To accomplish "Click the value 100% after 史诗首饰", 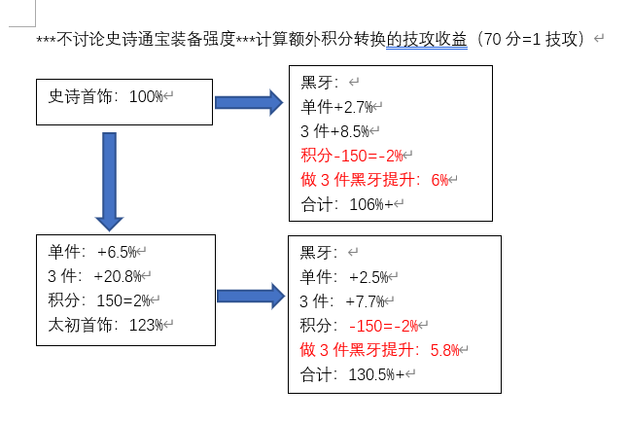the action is [x=146, y=96].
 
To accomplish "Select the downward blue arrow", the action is [x=110, y=182].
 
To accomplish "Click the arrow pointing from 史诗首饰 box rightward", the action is [x=249, y=103].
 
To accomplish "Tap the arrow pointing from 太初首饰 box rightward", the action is [x=251, y=297].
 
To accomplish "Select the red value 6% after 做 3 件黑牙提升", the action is [x=439, y=180].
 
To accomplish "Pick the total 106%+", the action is [x=371, y=205].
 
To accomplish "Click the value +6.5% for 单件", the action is [x=117, y=252].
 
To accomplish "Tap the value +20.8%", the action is [x=118, y=277].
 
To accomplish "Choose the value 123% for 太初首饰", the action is [x=146, y=325].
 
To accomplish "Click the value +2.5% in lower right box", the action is [x=368, y=277].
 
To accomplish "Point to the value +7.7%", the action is [x=365, y=301].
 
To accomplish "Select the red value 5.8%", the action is [x=444, y=350].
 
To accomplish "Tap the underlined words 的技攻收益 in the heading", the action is [x=427, y=40].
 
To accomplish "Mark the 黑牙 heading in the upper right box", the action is [x=317, y=83].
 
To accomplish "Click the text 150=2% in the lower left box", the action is [x=123, y=300].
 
